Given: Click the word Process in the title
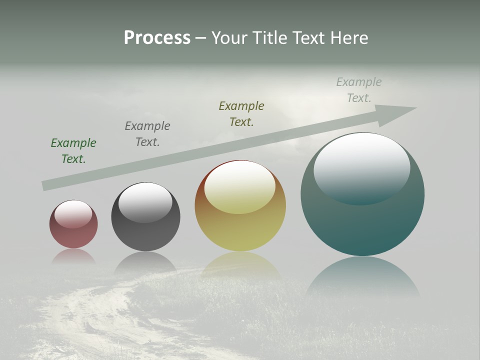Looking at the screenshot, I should pyautogui.click(x=157, y=38).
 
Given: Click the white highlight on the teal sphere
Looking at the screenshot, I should pyautogui.click(x=361, y=167).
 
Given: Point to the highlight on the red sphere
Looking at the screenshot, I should pyautogui.click(x=73, y=214).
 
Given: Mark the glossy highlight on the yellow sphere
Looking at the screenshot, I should pyautogui.click(x=239, y=186).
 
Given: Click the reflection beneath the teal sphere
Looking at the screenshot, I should pyautogui.click(x=362, y=277).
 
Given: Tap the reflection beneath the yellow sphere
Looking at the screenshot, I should pyautogui.click(x=240, y=265).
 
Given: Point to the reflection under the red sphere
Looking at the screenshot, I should pyautogui.click(x=73, y=256).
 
